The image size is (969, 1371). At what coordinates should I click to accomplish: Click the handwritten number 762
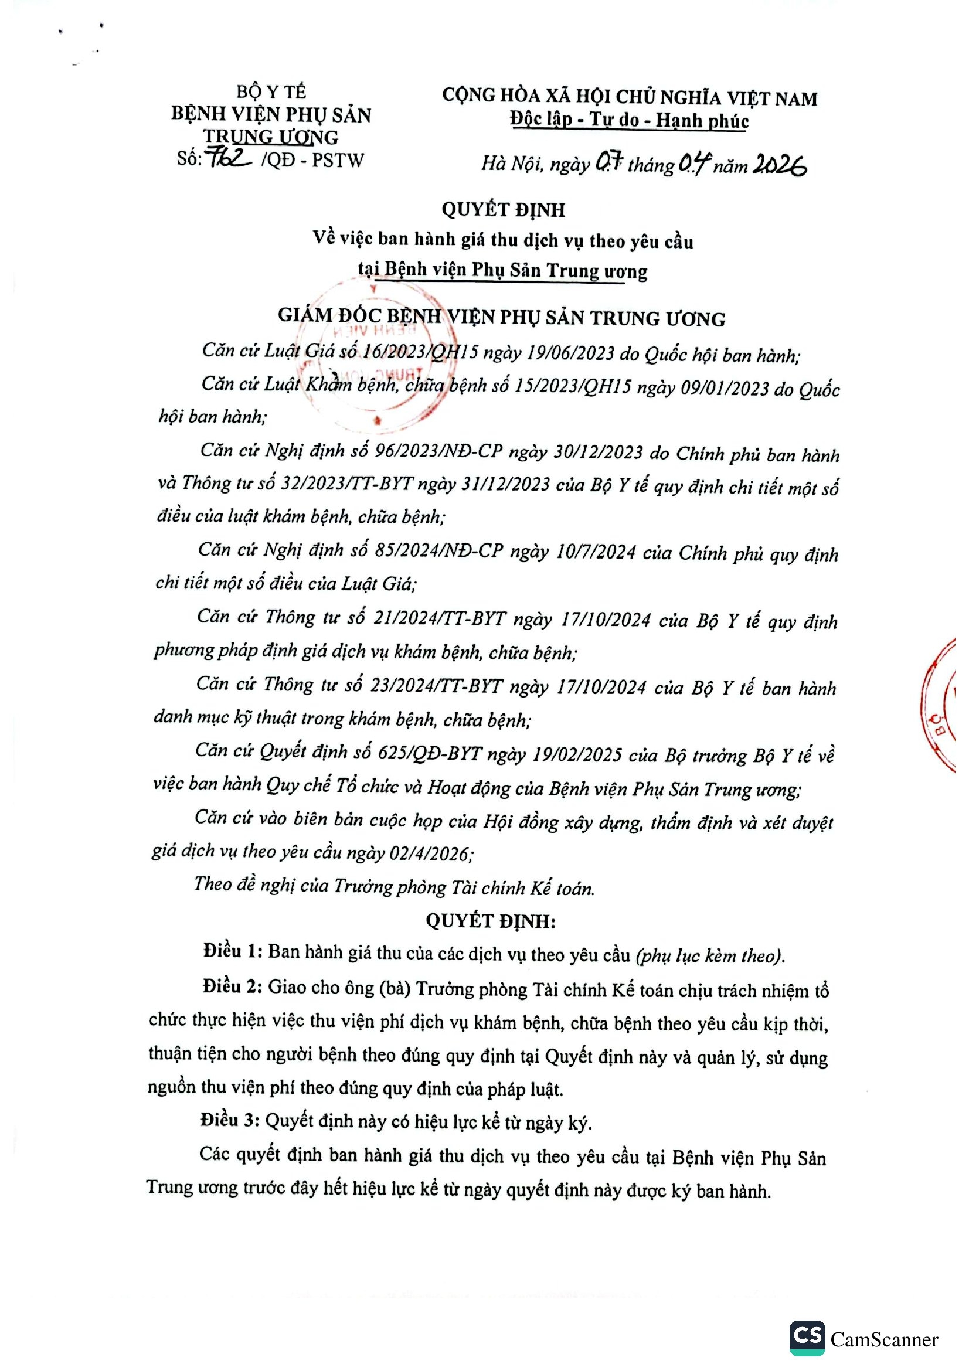(227, 158)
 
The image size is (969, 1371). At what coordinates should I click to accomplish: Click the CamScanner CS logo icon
(807, 1338)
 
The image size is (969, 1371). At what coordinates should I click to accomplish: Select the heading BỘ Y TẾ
(271, 92)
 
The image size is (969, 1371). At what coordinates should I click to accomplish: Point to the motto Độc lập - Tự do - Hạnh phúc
(628, 121)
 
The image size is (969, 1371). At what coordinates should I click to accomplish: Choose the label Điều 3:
(230, 1120)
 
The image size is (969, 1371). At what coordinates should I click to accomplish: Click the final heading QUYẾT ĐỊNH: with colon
(490, 921)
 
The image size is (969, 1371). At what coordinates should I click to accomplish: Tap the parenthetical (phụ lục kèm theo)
(710, 956)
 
